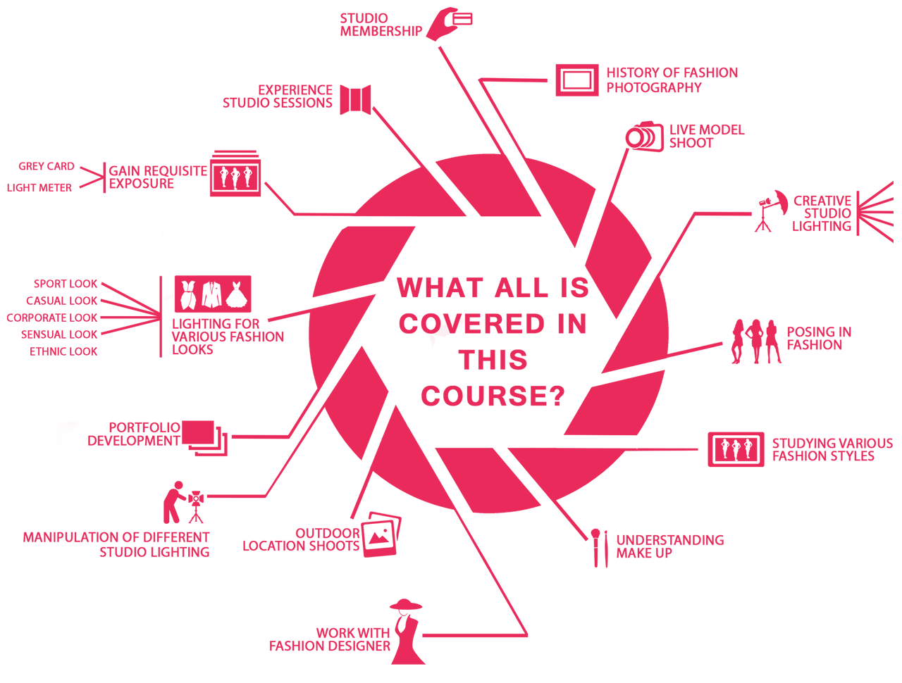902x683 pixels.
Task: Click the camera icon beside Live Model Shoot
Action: tap(644, 137)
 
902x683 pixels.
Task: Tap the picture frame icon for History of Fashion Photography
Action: tap(576, 80)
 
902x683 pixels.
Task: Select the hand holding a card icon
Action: tap(448, 24)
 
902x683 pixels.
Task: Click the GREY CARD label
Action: tap(47, 166)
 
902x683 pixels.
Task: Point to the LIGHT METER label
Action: tap(39, 187)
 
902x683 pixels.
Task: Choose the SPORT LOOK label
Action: tap(66, 284)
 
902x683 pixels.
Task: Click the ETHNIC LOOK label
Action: tap(63, 351)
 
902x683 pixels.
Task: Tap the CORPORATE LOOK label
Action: tap(51, 318)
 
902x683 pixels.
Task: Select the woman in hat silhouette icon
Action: tap(407, 632)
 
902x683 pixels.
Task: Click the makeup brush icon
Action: tap(600, 548)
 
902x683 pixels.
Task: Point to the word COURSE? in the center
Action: tap(493, 396)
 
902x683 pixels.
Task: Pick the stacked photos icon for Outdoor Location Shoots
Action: tap(381, 534)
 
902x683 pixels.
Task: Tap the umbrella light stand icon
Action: tap(771, 211)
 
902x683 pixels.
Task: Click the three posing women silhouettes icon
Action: tap(755, 341)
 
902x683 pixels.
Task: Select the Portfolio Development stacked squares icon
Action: tap(204, 438)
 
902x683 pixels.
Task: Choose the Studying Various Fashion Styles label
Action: tap(832, 449)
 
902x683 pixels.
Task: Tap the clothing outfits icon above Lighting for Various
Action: tap(213, 294)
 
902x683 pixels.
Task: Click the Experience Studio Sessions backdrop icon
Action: tap(355, 100)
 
